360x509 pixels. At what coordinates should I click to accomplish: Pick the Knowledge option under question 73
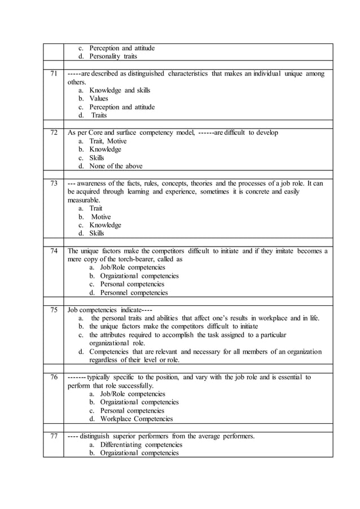point(105,225)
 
